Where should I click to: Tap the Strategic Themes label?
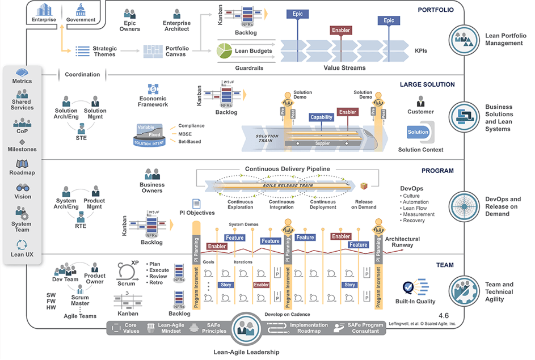pyautogui.click(x=104, y=51)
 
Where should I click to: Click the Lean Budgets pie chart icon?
pyautogui.click(x=225, y=51)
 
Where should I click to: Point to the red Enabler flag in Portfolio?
pyautogui.click(x=340, y=29)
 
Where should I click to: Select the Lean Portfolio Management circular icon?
pyautogui.click(x=465, y=39)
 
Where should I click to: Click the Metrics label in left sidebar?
pyautogui.click(x=22, y=81)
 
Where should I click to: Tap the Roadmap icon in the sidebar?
pyautogui.click(x=22, y=164)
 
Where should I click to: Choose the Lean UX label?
pyautogui.click(x=22, y=255)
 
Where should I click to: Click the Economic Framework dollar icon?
pyautogui.click(x=153, y=89)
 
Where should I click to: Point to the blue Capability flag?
pyautogui.click(x=322, y=118)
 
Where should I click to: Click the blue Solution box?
pyautogui.click(x=418, y=132)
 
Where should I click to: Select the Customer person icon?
pyautogui.click(x=420, y=101)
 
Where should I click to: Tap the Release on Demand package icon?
pyautogui.click(x=364, y=187)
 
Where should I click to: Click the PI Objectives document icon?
pyautogui.click(x=196, y=204)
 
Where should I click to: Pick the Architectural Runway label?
pyautogui.click(x=402, y=242)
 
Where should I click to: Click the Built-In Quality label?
pyautogui.click(x=419, y=302)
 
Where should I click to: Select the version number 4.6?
pyautogui.click(x=444, y=315)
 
